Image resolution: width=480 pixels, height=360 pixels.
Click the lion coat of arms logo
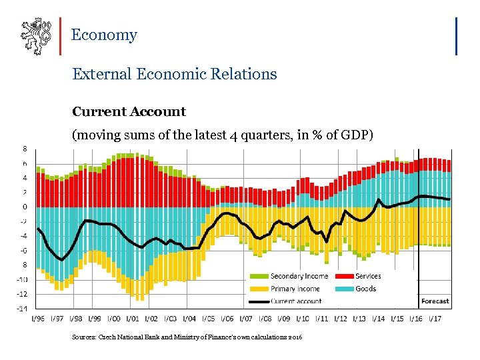[35, 37]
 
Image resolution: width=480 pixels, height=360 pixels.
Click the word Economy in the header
[103, 35]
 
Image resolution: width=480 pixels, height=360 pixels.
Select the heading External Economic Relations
[174, 74]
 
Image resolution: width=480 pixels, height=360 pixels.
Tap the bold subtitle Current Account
[129, 111]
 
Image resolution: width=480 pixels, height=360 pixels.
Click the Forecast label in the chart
[435, 301]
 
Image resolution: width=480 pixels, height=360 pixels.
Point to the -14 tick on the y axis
[22, 309]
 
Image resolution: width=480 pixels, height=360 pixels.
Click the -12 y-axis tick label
[22, 294]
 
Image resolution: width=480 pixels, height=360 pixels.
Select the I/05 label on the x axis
[209, 319]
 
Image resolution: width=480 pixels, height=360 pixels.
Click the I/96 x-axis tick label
[37, 319]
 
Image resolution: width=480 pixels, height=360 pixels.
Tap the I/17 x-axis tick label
[437, 319]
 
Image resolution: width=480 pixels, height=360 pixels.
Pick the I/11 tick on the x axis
[323, 319]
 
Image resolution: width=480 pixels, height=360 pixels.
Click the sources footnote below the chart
[187, 338]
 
